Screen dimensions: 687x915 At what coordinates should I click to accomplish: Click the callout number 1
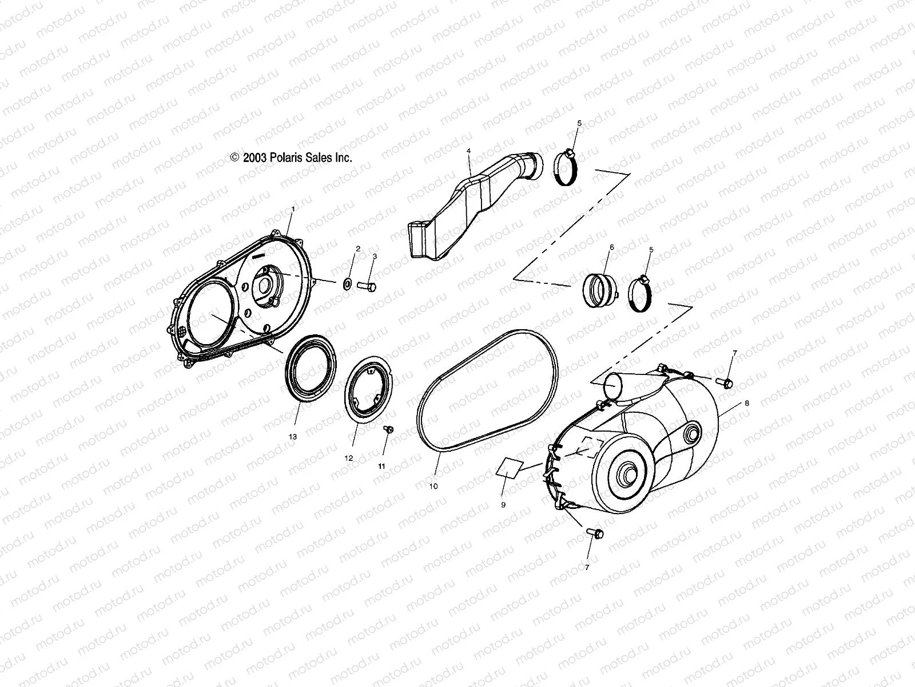(293, 210)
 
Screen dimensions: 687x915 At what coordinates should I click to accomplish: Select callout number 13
(293, 437)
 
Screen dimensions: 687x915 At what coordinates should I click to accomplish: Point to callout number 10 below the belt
(433, 486)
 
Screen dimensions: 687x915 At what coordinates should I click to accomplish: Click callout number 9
(503, 506)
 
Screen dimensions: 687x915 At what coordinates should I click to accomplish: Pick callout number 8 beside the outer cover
(746, 403)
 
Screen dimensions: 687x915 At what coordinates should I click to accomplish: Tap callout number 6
(611, 247)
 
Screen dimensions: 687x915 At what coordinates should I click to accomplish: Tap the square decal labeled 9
(510, 467)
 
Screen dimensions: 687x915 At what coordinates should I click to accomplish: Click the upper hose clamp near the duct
(567, 169)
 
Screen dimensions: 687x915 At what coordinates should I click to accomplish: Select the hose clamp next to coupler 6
(641, 293)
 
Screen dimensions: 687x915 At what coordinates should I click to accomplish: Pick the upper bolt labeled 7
(726, 381)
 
